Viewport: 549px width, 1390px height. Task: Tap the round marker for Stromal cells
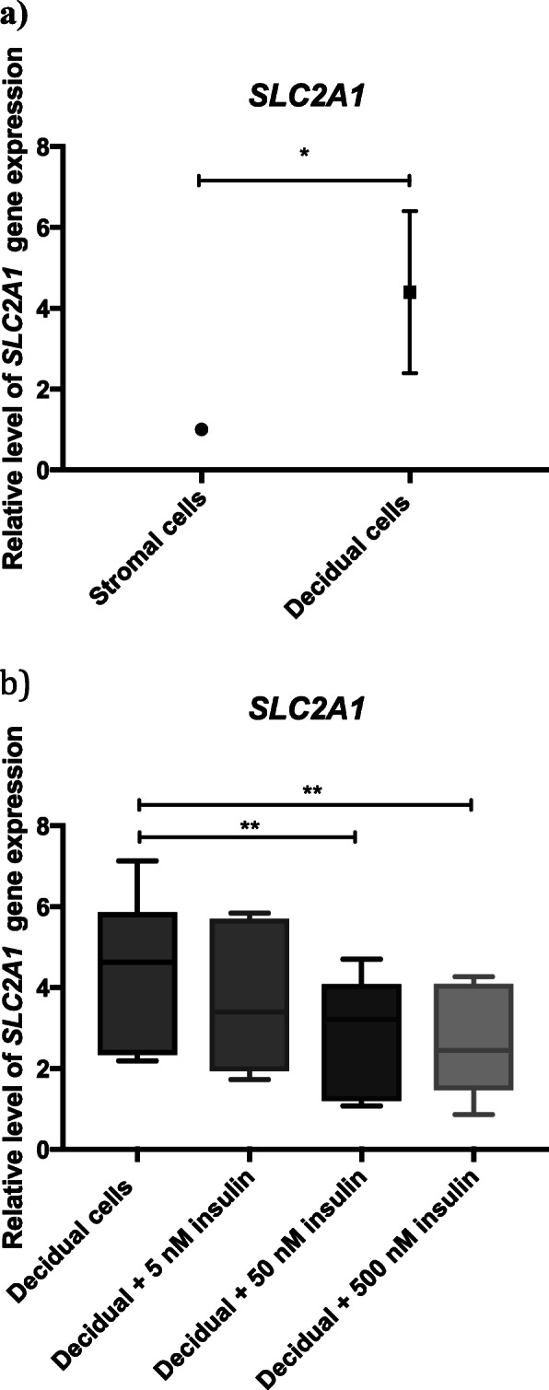coord(202,429)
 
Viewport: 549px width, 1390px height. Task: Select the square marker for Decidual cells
coord(409,292)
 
